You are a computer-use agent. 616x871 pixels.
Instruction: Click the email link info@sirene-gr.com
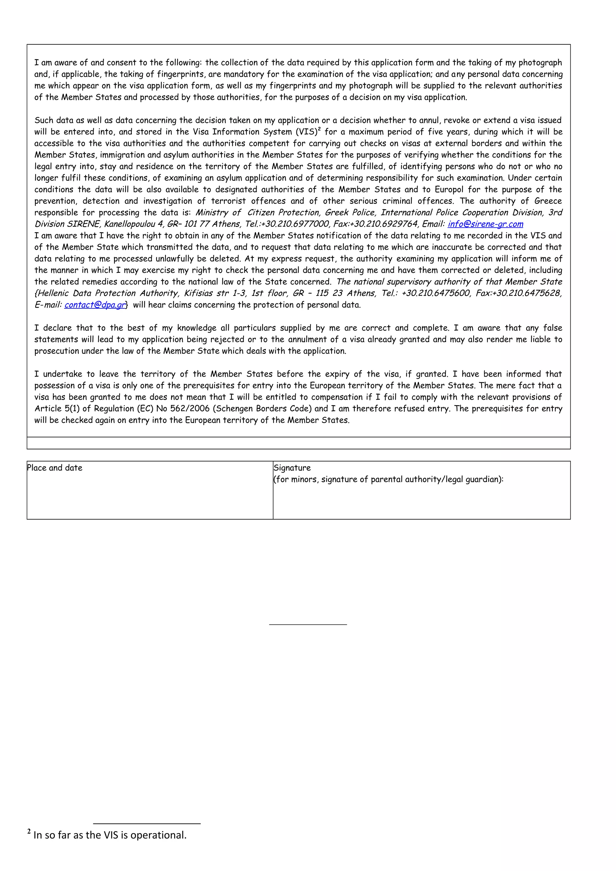pyautogui.click(x=485, y=224)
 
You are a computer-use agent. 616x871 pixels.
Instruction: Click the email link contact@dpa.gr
pyautogui.click(x=95, y=305)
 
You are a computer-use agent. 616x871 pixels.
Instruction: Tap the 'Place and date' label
pyautogui.click(x=55, y=468)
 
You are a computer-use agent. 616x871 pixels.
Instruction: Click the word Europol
pyautogui.click(x=449, y=189)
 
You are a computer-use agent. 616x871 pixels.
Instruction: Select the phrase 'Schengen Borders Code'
pyautogui.click(x=265, y=408)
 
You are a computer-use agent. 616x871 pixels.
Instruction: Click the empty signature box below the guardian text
pyautogui.click(x=421, y=503)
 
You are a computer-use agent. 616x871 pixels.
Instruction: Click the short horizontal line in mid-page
pyautogui.click(x=308, y=624)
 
